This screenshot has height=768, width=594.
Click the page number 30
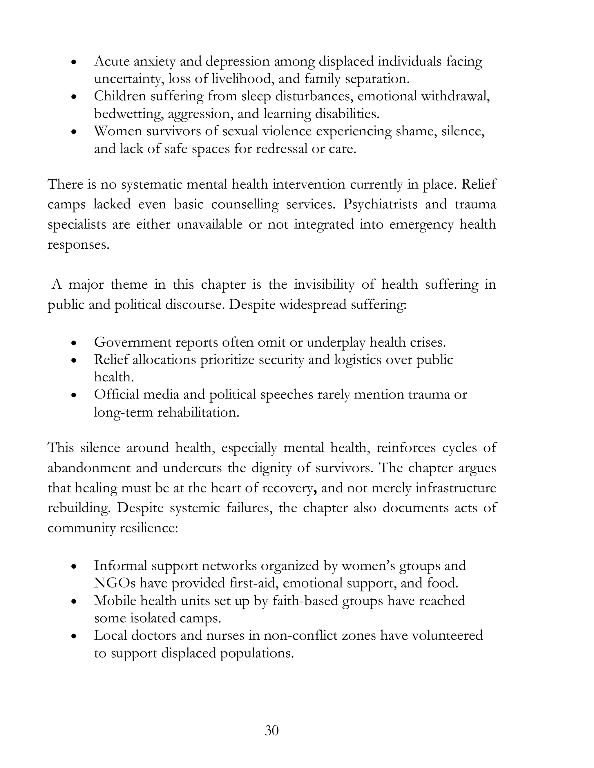click(x=271, y=730)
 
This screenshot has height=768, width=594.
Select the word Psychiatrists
click(x=380, y=204)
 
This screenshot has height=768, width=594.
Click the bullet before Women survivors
click(x=74, y=132)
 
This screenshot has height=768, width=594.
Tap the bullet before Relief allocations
click(x=74, y=361)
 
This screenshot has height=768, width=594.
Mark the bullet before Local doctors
click(x=74, y=636)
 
